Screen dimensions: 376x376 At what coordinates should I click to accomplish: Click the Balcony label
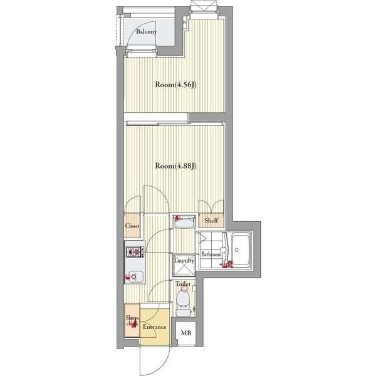(x=146, y=31)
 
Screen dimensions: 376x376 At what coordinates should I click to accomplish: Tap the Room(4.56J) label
(x=176, y=85)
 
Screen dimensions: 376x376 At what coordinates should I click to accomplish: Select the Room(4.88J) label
(x=176, y=166)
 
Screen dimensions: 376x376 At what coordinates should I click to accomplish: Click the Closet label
(x=132, y=226)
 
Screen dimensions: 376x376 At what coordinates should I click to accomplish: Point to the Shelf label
(x=211, y=221)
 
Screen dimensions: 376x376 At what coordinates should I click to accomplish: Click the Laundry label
(x=184, y=260)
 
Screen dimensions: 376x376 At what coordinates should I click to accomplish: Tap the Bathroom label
(x=211, y=254)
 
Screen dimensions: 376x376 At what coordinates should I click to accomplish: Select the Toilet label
(x=183, y=284)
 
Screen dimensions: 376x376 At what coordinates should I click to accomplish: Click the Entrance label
(x=154, y=327)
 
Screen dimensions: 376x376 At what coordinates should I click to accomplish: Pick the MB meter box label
(x=186, y=333)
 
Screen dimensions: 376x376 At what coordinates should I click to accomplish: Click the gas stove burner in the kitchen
(x=135, y=252)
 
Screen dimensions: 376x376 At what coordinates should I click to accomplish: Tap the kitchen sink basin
(x=134, y=277)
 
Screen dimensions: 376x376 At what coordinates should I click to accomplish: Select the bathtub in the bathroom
(x=241, y=250)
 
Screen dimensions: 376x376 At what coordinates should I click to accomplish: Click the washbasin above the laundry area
(x=184, y=222)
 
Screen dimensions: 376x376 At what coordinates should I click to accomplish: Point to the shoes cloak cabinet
(x=132, y=320)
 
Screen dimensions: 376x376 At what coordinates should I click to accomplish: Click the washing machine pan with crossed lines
(x=184, y=265)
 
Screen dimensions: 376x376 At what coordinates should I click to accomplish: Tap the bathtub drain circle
(x=237, y=250)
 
